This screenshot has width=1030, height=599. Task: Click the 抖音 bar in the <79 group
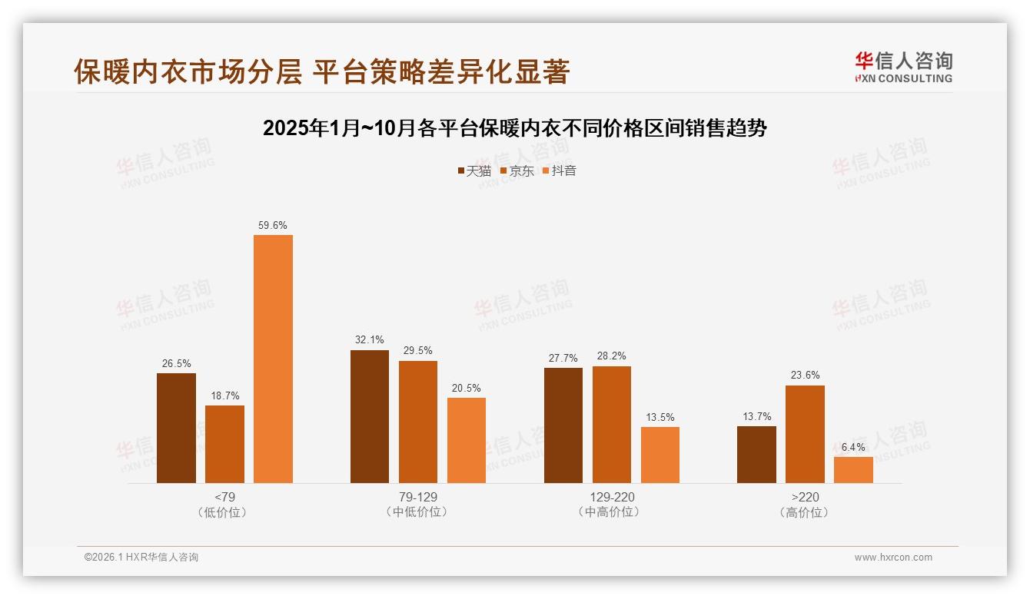[x=273, y=359]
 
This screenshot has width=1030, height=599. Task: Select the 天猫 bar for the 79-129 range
[x=370, y=416]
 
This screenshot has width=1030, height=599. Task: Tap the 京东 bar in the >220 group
[x=805, y=434]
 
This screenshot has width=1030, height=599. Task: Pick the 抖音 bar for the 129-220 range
[x=660, y=455]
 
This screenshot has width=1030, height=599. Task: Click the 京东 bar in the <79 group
[x=224, y=444]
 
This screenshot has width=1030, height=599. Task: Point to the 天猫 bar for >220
[x=756, y=455]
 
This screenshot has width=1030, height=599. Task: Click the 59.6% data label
[x=273, y=225]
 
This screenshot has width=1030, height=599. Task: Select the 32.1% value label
[x=370, y=340]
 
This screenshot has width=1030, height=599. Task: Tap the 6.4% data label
[x=853, y=447]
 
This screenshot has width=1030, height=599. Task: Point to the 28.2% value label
[x=612, y=356]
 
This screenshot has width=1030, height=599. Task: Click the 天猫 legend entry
[x=474, y=171]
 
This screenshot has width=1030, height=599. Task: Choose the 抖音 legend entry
[x=559, y=171]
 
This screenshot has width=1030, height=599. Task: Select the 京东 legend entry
[x=517, y=171]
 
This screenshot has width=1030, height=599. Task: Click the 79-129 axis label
[x=418, y=497]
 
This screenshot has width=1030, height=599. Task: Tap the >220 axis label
[x=805, y=497]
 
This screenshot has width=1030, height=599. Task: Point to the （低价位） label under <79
[x=224, y=512]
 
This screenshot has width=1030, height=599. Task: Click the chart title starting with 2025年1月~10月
[x=515, y=128]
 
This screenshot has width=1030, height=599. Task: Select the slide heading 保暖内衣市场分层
[x=321, y=71]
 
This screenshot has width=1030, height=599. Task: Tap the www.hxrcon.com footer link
[x=893, y=558]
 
